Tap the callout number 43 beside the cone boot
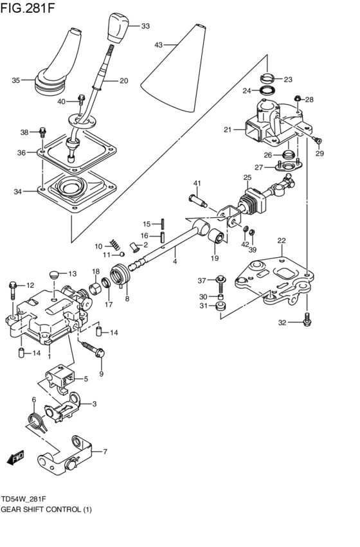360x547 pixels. coord(159,45)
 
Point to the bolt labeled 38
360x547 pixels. coord(42,132)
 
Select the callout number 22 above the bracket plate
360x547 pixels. coord(281,240)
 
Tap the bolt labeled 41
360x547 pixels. coord(197,201)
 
